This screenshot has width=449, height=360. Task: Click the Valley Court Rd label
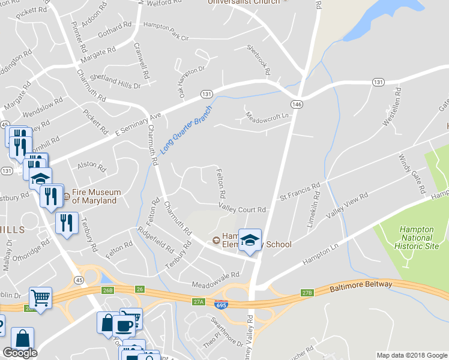click(x=242, y=209)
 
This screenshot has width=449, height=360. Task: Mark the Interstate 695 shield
click(x=221, y=305)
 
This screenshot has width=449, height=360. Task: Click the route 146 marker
click(x=297, y=104)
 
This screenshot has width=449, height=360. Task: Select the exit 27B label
click(x=307, y=293)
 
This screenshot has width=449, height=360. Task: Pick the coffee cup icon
click(x=124, y=325)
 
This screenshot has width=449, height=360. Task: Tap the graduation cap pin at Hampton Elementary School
click(x=250, y=241)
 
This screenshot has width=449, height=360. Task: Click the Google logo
click(x=20, y=353)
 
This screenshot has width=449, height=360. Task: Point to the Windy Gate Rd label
click(x=412, y=175)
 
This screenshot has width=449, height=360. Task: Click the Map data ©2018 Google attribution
click(x=411, y=355)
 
